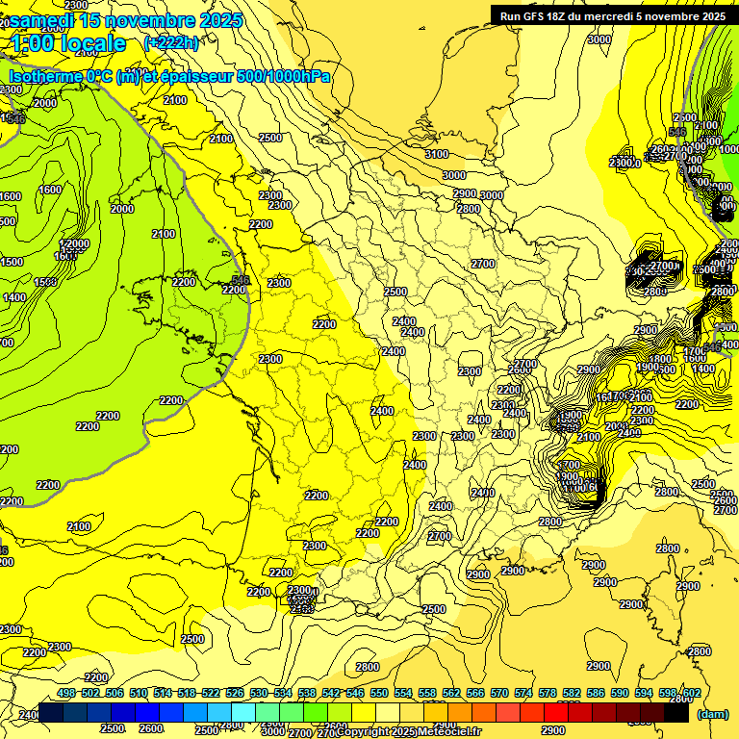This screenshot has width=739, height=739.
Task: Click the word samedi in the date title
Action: click(x=43, y=19)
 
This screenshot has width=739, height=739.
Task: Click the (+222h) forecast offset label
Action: click(x=170, y=42)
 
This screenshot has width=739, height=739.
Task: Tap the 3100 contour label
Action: click(x=437, y=154)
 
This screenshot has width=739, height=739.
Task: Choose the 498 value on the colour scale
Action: click(x=66, y=693)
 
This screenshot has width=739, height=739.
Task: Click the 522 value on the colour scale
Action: click(x=211, y=693)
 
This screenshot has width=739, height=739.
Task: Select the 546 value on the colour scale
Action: click(x=355, y=693)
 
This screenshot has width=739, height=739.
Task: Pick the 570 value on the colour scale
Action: click(x=499, y=693)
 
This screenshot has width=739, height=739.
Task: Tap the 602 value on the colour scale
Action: click(x=691, y=693)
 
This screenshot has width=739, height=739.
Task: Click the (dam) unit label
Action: click(x=712, y=714)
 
